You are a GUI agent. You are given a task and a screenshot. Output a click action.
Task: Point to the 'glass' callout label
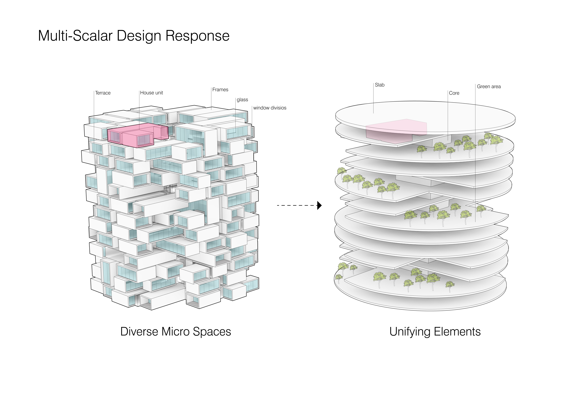(x=242, y=100)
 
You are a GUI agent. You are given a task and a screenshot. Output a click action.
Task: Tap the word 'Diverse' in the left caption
(x=139, y=332)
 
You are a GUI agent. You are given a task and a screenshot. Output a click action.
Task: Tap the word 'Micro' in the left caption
(x=176, y=332)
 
